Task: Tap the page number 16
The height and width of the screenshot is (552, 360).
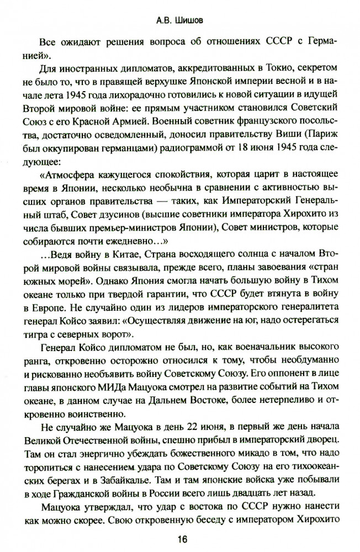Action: [180, 538]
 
